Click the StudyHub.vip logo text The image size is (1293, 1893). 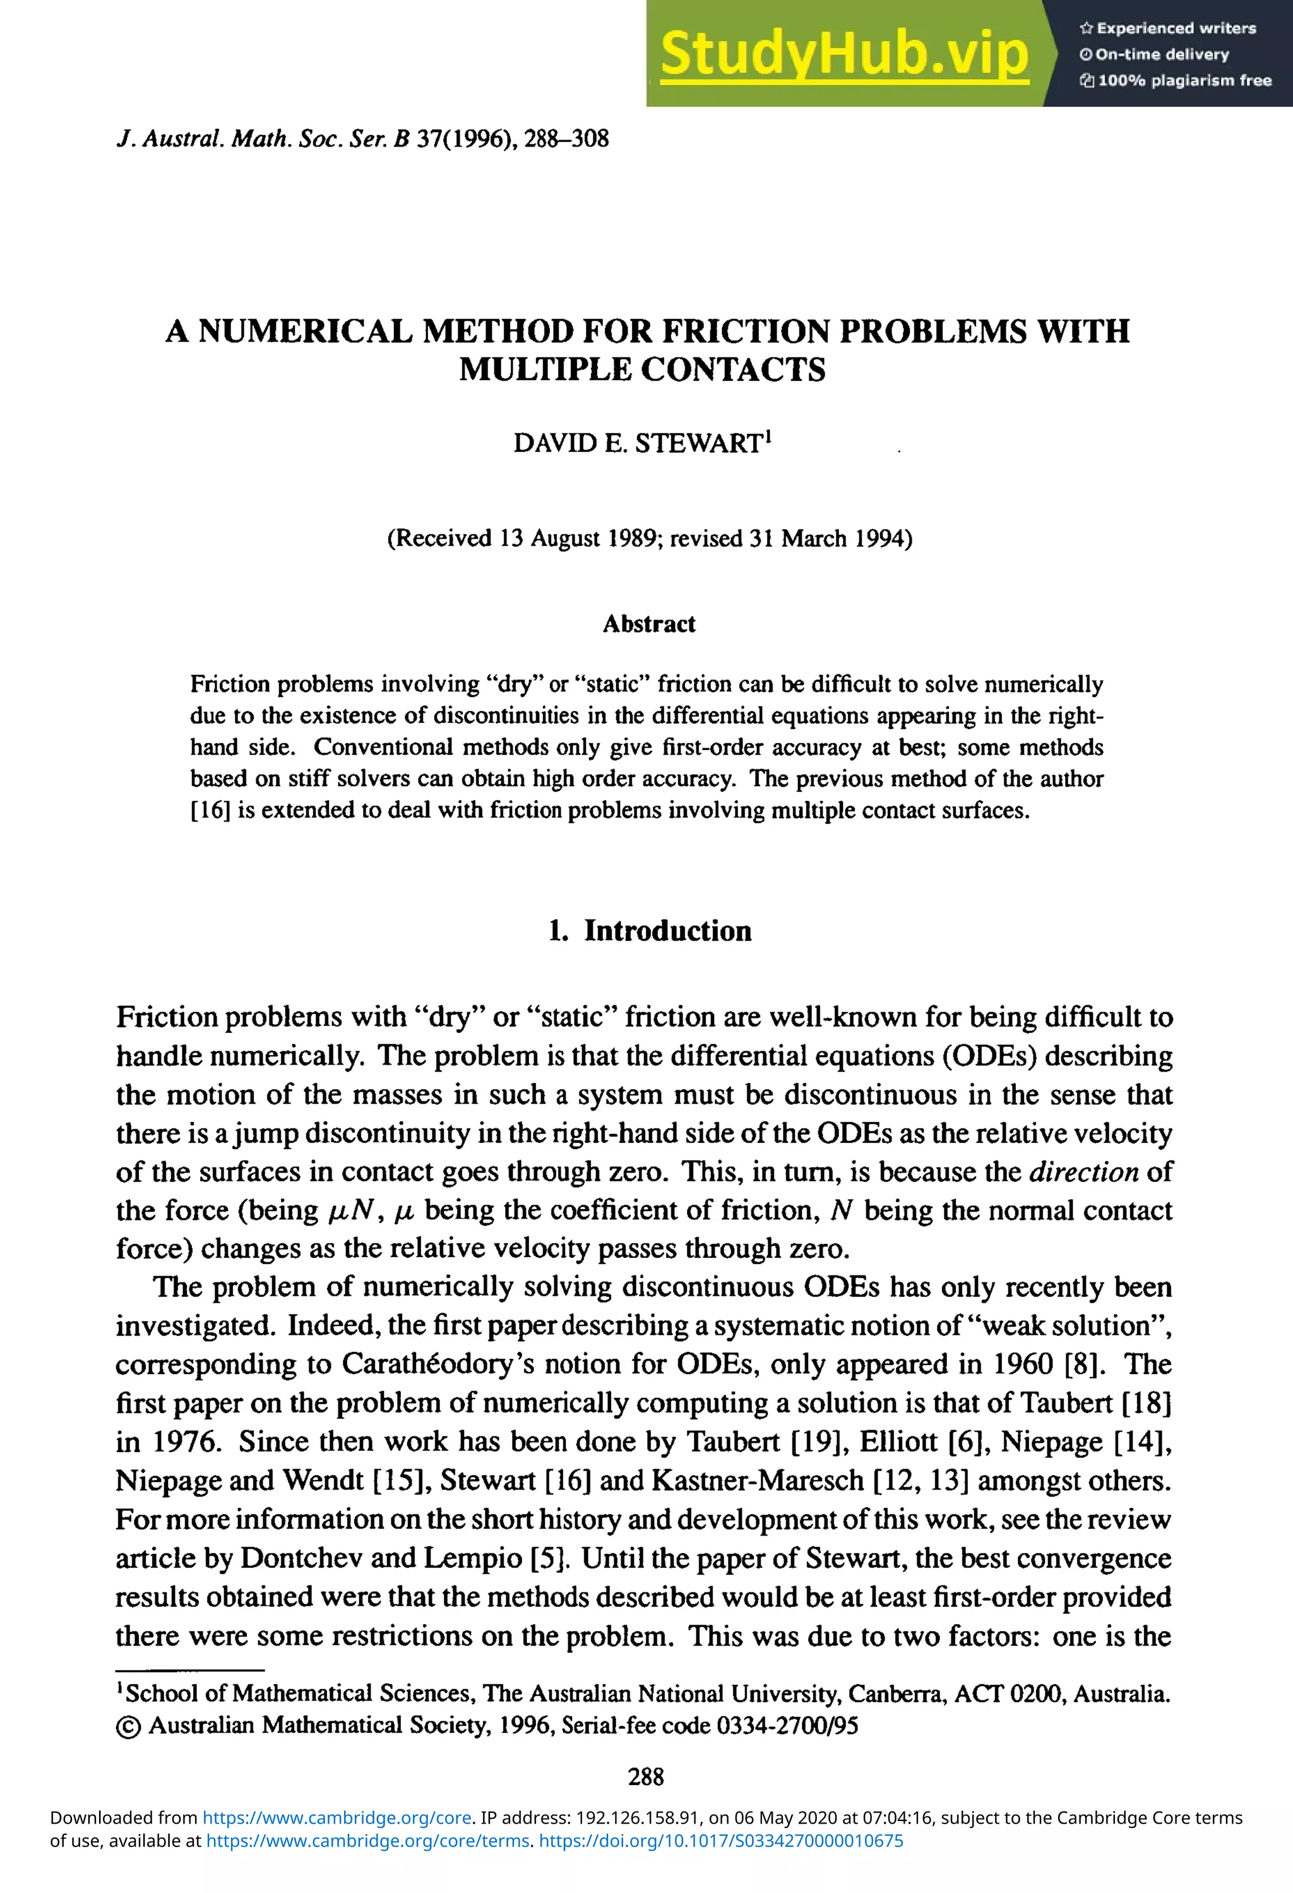844,54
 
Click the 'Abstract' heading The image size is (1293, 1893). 649,624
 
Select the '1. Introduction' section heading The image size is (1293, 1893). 649,931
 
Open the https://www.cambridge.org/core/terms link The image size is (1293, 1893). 367,1841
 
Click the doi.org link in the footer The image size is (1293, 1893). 722,1841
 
